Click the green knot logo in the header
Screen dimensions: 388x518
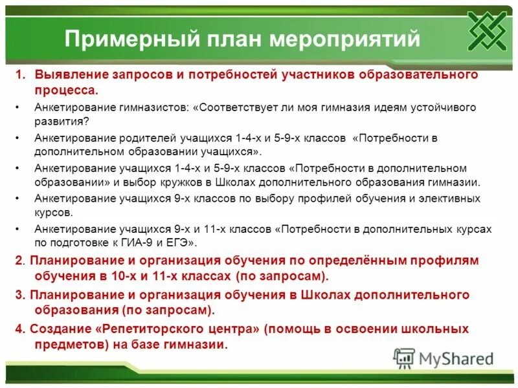tap(488, 32)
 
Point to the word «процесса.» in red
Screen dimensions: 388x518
tap(67, 89)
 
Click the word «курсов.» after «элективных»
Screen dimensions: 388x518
tap(54, 212)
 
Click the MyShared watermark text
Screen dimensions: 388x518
tap(456, 358)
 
